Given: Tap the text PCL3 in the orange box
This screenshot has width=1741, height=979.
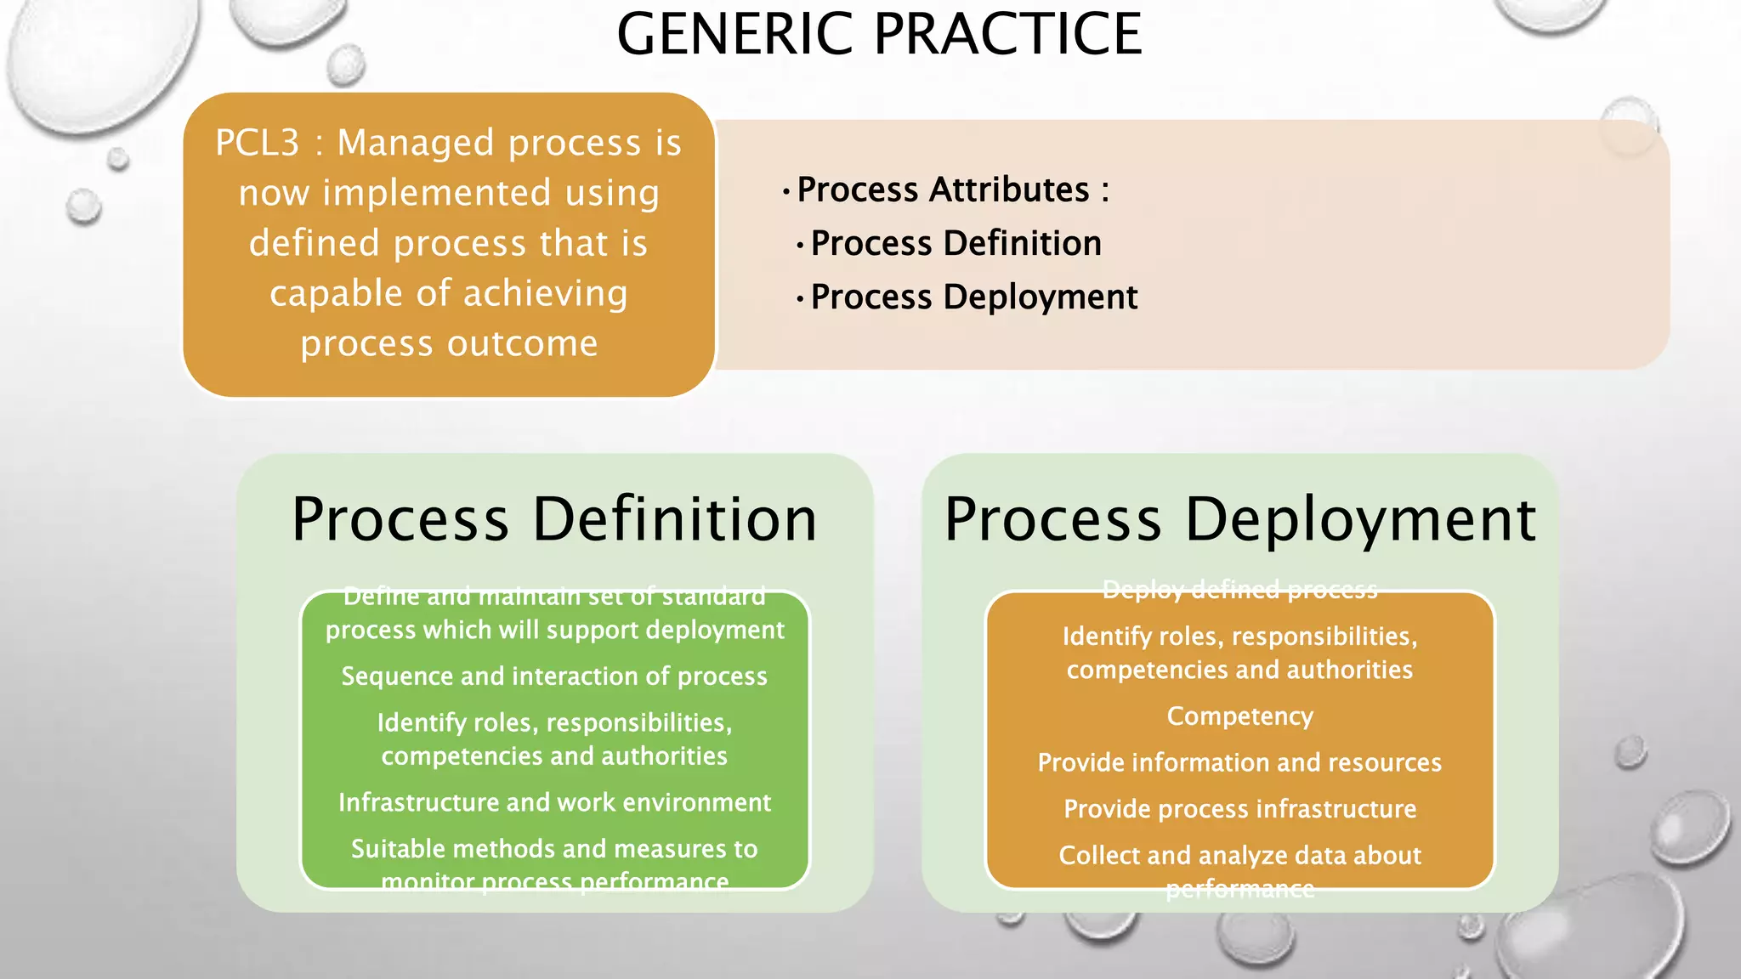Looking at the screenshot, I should tap(257, 143).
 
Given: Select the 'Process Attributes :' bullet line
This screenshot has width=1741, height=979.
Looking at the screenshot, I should tap(952, 190).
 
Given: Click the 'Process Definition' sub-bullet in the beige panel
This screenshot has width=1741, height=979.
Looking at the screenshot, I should tap(956, 244).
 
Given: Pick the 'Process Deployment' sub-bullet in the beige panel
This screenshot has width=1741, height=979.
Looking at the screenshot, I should tap(973, 297).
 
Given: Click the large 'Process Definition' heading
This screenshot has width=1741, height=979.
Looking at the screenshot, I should tap(554, 519).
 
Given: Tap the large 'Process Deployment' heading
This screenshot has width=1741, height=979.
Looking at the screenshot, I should tap(1239, 519).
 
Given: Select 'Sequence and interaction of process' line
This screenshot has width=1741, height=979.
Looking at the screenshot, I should tap(554, 676).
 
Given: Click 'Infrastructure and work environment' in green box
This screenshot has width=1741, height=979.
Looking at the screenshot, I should tap(554, 803).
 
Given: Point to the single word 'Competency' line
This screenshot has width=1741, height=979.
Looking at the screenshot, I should tap(1239, 716).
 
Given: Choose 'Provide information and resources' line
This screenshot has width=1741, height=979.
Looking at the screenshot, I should tap(1239, 763).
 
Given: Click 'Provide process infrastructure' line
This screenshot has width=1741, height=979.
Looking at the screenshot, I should tap(1239, 809).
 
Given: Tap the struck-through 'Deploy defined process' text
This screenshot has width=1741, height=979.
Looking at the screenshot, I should tap(1239, 589).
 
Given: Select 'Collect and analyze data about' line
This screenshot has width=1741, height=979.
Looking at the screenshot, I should tap(1239, 856).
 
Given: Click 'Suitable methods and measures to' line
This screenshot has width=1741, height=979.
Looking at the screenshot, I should tap(554, 849).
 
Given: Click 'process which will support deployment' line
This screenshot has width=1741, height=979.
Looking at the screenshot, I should tap(554, 631).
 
